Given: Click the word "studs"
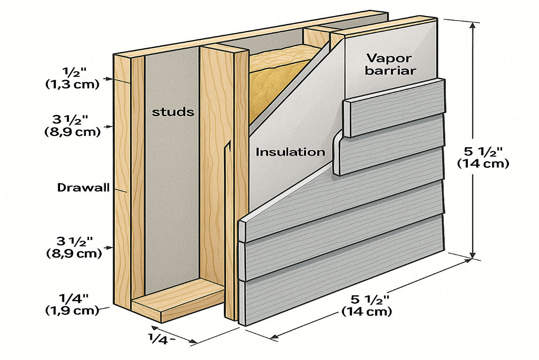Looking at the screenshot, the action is pos(173,112).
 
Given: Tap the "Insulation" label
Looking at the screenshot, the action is pos(290,152).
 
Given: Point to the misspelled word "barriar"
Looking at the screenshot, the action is pos(390,71).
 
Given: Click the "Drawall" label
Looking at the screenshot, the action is pos(83,188).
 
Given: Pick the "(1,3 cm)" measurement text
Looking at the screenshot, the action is pos(73,84).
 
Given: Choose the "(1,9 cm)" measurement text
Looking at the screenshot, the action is pos(72,310).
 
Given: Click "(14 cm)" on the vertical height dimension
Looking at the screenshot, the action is pos(483,163).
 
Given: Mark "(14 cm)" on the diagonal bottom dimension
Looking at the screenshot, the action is pos(367,312).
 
